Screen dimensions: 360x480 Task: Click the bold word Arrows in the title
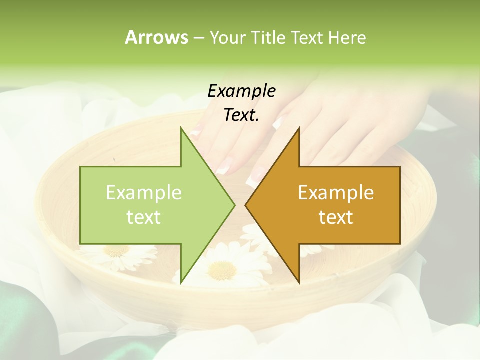156,37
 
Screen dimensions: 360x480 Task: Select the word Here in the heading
347,37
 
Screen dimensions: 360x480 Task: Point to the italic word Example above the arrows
241,91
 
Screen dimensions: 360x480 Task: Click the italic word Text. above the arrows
241,115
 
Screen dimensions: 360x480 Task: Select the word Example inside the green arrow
144,193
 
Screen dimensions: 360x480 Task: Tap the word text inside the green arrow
144,217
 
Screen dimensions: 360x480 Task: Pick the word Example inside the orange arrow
336,193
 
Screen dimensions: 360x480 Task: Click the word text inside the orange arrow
336,217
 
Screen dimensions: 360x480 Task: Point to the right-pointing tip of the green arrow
234,205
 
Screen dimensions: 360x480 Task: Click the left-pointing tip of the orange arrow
245,205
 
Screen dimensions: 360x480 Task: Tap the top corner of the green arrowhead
181,128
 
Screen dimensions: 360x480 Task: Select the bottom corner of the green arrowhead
181,282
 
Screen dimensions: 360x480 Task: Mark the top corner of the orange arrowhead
299,128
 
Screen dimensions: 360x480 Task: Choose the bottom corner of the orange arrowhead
299,282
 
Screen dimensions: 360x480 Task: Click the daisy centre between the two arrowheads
222,270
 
